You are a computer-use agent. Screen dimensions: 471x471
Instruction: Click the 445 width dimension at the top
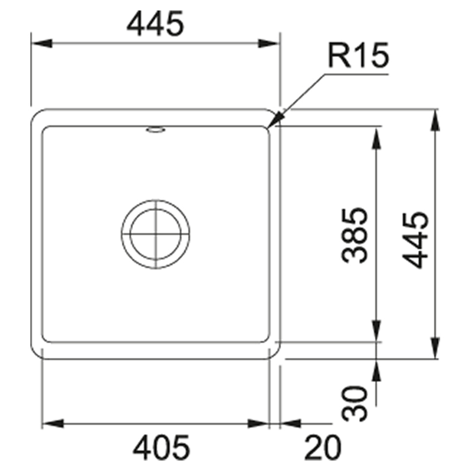point(155,24)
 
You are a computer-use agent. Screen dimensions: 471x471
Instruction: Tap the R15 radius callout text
point(358,55)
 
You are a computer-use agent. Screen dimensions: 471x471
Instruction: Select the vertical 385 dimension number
point(354,235)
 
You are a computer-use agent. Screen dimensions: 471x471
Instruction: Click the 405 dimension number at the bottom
point(161,447)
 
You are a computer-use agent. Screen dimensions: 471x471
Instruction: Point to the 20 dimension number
point(322,447)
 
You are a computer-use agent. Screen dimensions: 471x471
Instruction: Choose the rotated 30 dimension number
point(354,403)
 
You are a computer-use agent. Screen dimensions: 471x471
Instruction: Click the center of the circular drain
point(155,234)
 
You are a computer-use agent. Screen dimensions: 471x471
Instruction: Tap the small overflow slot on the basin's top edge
point(155,130)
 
